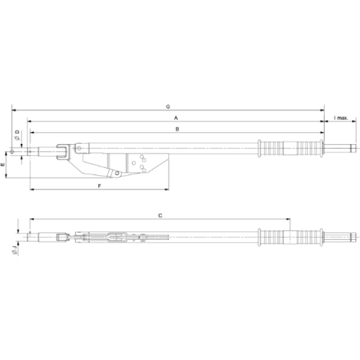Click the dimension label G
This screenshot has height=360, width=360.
tap(168, 106)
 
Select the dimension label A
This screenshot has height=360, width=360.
tap(176, 118)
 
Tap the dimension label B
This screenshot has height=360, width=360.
tap(178, 129)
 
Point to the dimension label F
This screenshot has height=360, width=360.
tap(99, 186)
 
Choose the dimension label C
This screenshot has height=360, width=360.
tap(160, 215)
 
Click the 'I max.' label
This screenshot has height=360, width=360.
tap(341, 118)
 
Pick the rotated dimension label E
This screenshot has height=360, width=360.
tap(3, 165)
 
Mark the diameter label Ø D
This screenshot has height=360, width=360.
tap(18, 135)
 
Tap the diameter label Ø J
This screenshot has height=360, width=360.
tap(14, 250)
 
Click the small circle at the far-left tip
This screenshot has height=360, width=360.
tap(12, 152)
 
